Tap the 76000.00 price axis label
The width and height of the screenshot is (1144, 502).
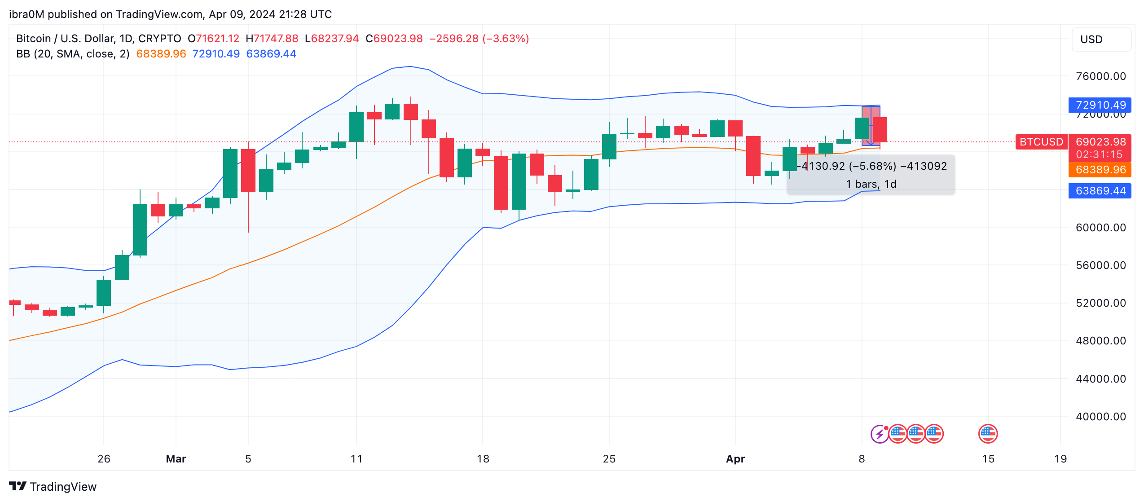pos(1100,76)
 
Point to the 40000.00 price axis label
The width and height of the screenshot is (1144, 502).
pos(1100,416)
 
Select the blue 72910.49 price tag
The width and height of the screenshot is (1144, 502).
pos(1100,105)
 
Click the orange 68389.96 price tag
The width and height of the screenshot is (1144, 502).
pos(1100,170)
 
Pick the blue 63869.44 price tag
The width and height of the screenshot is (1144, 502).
pos(1100,191)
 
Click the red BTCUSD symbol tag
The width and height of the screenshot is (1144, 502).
pos(1041,142)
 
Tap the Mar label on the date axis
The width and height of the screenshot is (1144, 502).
pos(176,458)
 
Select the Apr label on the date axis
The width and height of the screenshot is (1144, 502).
pos(735,458)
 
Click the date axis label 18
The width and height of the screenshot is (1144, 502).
pos(483,458)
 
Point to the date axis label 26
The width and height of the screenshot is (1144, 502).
pos(104,458)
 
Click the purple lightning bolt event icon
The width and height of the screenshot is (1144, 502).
pos(879,434)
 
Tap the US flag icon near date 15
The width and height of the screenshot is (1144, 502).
pos(988,434)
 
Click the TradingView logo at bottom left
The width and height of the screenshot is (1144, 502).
pos(53,487)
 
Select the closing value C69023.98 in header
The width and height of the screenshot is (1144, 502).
pos(394,39)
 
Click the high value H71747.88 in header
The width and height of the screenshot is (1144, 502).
pos(272,39)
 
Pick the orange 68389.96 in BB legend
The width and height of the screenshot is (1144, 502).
pos(161,54)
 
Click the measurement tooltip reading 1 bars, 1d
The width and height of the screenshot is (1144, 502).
pos(871,184)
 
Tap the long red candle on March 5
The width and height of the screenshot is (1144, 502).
pos(248,171)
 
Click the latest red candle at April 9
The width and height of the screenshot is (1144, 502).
pos(880,130)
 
